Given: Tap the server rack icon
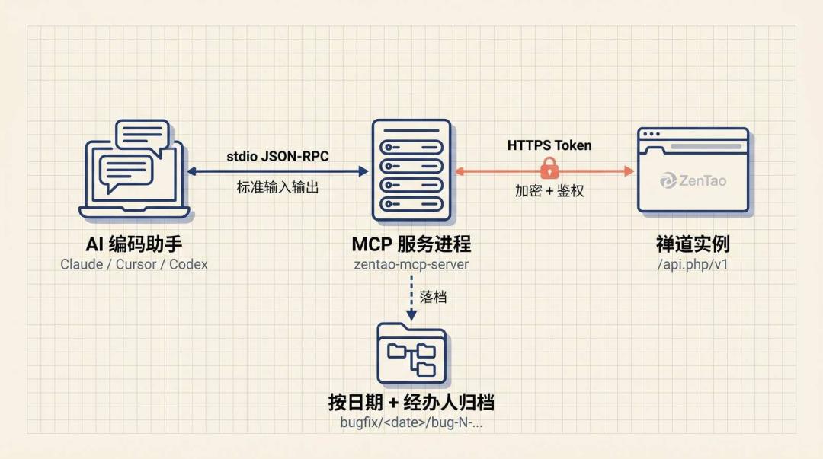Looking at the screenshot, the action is [411, 171].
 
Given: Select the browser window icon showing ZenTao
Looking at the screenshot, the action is [693, 171].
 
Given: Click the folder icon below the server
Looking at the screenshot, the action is [412, 353].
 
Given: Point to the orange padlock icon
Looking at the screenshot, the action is [549, 168].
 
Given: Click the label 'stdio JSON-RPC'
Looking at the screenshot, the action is [277, 156].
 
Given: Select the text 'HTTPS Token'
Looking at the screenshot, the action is [549, 145].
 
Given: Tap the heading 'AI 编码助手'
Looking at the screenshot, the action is [134, 244].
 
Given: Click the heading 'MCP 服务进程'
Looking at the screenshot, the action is [411, 244].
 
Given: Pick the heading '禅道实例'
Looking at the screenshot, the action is [693, 244].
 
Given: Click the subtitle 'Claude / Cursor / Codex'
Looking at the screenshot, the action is [134, 264].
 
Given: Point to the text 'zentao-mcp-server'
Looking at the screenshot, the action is [411, 264].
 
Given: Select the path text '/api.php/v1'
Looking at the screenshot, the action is [693, 264].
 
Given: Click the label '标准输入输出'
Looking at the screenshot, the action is [277, 187].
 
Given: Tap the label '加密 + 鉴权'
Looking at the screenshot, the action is [549, 191].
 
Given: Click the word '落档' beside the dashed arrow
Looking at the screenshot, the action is [433, 298].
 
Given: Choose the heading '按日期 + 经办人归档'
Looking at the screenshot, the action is [411, 403].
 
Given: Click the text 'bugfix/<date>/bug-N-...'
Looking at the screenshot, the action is [411, 422].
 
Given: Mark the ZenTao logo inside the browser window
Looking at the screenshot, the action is [693, 180].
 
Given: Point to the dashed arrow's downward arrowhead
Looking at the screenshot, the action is [411, 314].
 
